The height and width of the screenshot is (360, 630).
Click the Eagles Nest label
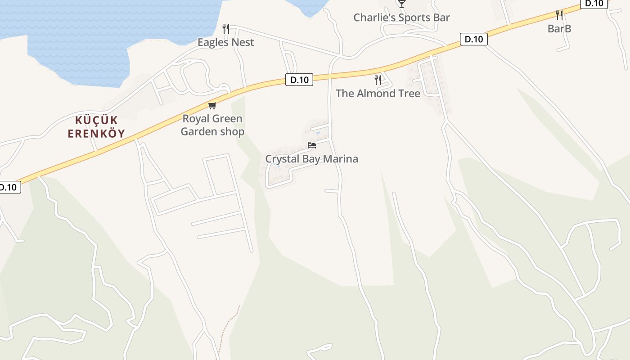226,42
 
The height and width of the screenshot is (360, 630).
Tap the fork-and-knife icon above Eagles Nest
226,29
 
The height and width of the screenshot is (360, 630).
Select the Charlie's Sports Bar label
401,18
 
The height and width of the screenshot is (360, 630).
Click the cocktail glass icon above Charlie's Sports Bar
402,4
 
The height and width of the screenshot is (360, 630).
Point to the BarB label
559,28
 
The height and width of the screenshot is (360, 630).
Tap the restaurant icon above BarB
559,15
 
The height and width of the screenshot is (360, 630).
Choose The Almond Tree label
378,94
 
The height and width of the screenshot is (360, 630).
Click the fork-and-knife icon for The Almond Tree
378,80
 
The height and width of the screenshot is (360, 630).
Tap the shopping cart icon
212,106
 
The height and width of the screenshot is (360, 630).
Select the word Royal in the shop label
196,119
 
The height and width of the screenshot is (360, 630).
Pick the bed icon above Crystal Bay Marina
312,145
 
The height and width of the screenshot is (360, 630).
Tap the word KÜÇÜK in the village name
96,121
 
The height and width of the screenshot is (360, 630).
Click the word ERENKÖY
96,134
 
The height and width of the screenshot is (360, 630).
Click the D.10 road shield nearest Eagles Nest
299,80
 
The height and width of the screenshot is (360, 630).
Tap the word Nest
243,42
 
